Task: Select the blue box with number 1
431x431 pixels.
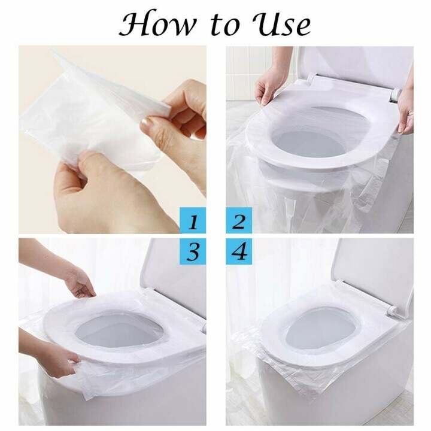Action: click(193, 222)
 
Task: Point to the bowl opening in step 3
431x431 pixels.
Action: click(120, 332)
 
